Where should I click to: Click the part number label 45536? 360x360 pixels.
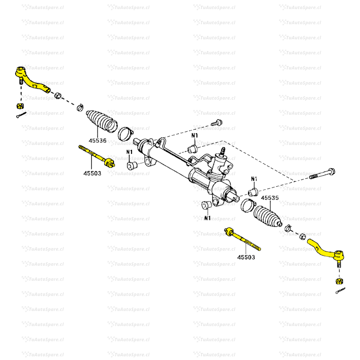point(97,141)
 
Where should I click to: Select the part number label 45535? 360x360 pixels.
point(270,198)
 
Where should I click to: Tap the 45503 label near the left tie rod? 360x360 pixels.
point(92,173)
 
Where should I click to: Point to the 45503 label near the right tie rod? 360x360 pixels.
point(246,257)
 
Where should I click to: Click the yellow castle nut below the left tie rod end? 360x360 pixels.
point(20,106)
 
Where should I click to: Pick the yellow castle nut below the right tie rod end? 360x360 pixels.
point(338,281)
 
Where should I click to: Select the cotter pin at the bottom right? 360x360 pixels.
point(340,291)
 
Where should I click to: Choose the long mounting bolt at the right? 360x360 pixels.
point(322,174)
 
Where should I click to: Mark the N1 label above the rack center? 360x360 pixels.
point(195,136)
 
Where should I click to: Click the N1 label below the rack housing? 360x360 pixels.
point(207,218)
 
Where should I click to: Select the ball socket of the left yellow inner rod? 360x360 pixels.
point(109,163)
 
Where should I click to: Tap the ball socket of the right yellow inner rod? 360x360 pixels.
point(230,232)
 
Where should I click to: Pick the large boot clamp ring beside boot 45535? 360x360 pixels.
point(247,205)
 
